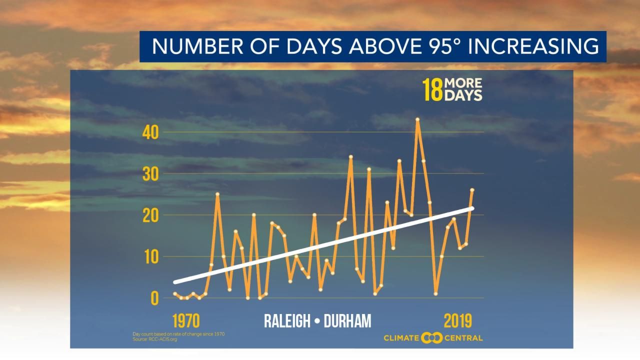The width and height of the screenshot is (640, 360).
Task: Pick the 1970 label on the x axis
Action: (x=186, y=320)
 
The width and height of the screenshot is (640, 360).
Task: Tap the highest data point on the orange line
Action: (x=417, y=119)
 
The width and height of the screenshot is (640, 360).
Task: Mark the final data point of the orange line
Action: (x=472, y=190)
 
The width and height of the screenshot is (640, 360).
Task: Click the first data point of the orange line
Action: (x=174, y=293)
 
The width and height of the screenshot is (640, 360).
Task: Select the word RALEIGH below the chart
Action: (x=287, y=321)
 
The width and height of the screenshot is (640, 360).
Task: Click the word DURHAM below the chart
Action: (x=347, y=321)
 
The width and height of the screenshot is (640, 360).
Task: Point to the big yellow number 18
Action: (x=432, y=89)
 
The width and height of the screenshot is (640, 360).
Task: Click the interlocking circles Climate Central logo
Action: (x=432, y=338)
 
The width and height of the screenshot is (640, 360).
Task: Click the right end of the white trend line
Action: (x=471, y=208)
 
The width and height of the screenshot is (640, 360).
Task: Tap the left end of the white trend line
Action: (x=175, y=282)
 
